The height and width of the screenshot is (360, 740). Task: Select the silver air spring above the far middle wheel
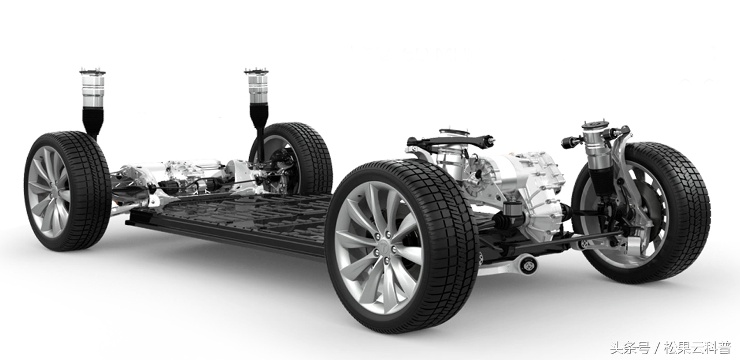click(257, 90)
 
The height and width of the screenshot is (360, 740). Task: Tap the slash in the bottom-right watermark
click(656, 347)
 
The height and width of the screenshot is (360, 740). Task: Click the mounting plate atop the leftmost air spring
click(92, 72)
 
